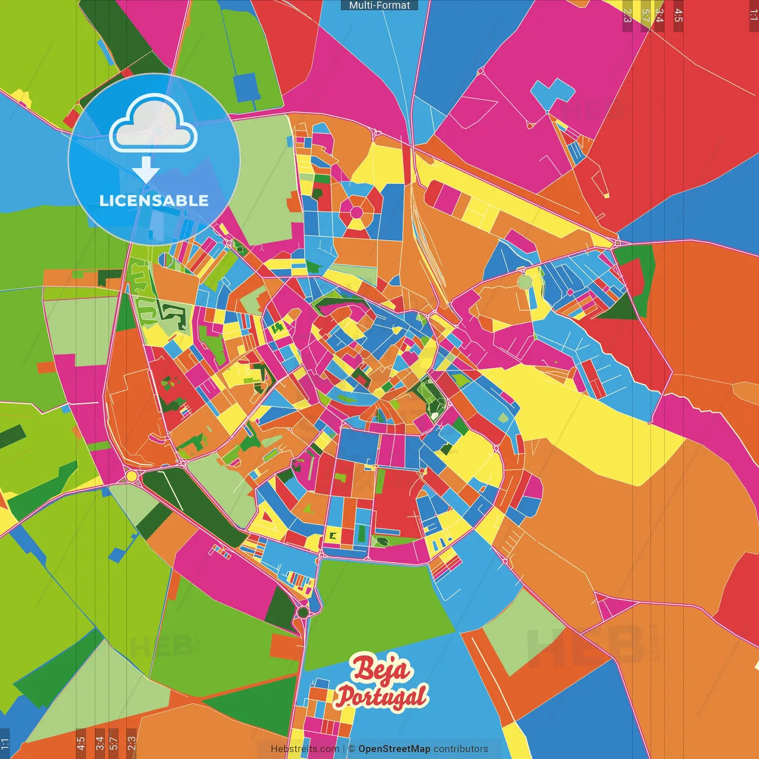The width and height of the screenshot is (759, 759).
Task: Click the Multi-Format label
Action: tap(379, 5)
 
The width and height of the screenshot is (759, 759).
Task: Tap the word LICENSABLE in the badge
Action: tap(154, 200)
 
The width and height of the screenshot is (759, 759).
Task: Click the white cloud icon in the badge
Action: tap(154, 124)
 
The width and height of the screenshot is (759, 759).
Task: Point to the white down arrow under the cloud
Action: tap(146, 170)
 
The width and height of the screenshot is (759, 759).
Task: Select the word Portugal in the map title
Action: tap(382, 696)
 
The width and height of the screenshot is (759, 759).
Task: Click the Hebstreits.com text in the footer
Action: tap(305, 749)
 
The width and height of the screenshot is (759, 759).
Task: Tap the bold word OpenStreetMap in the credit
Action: tap(394, 749)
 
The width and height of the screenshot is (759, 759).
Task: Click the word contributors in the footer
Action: tap(461, 749)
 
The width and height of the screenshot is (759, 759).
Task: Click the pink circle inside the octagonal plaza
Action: tap(356, 212)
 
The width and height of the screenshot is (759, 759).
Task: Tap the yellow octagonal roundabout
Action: tap(132, 476)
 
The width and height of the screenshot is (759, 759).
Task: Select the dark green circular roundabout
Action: tap(303, 611)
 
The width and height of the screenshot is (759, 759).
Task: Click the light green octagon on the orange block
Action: tap(525, 280)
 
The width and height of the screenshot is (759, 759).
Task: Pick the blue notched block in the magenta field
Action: tap(551, 95)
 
